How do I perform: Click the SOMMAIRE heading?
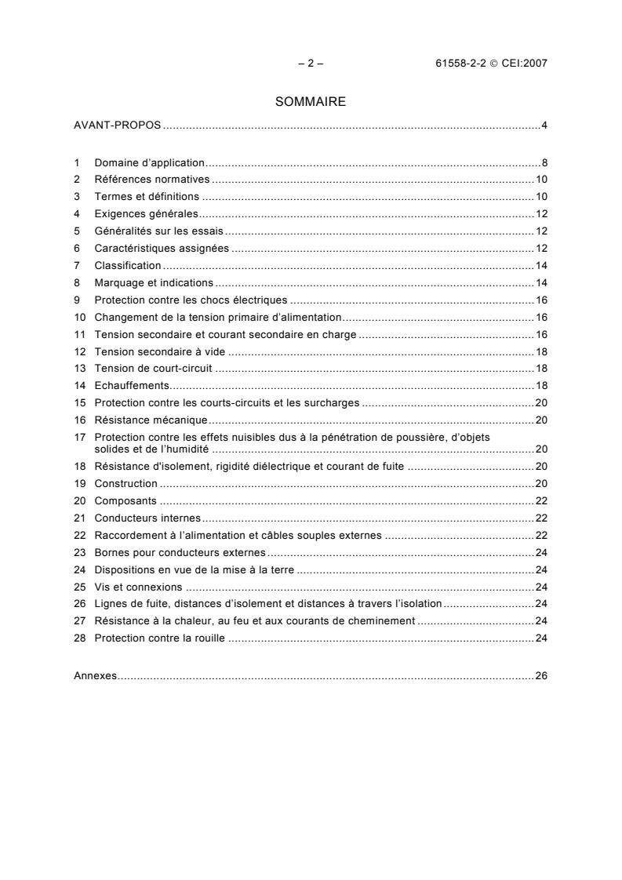311,102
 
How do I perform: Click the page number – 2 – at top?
311,64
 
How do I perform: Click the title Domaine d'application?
149,163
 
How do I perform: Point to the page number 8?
544,163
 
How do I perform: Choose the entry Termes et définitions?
147,197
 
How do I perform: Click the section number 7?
77,265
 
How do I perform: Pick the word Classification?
127,265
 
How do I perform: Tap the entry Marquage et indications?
154,282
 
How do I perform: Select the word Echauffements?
132,385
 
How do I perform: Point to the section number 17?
79,437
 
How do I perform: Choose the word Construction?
125,484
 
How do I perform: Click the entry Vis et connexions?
138,587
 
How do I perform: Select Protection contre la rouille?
159,638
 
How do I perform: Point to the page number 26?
541,675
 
